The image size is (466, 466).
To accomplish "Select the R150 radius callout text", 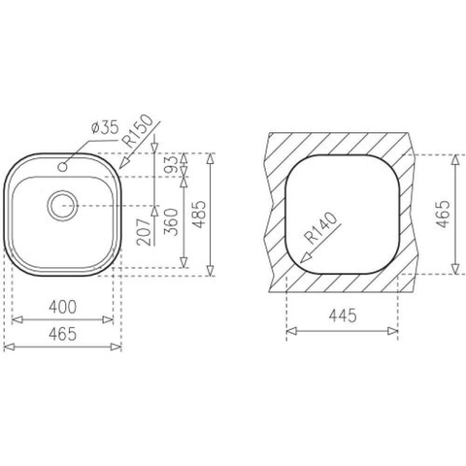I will (140, 132).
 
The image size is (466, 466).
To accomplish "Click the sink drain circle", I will (63, 206).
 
